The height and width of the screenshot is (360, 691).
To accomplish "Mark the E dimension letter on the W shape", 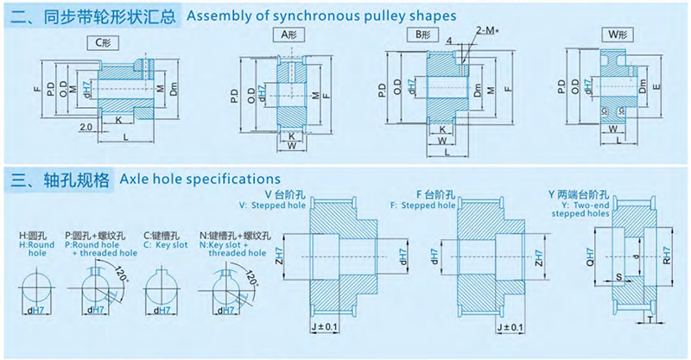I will (x=658, y=86).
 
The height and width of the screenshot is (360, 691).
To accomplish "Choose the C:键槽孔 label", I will (x=161, y=235).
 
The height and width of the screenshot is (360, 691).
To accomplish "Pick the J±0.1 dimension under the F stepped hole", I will (x=512, y=327).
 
